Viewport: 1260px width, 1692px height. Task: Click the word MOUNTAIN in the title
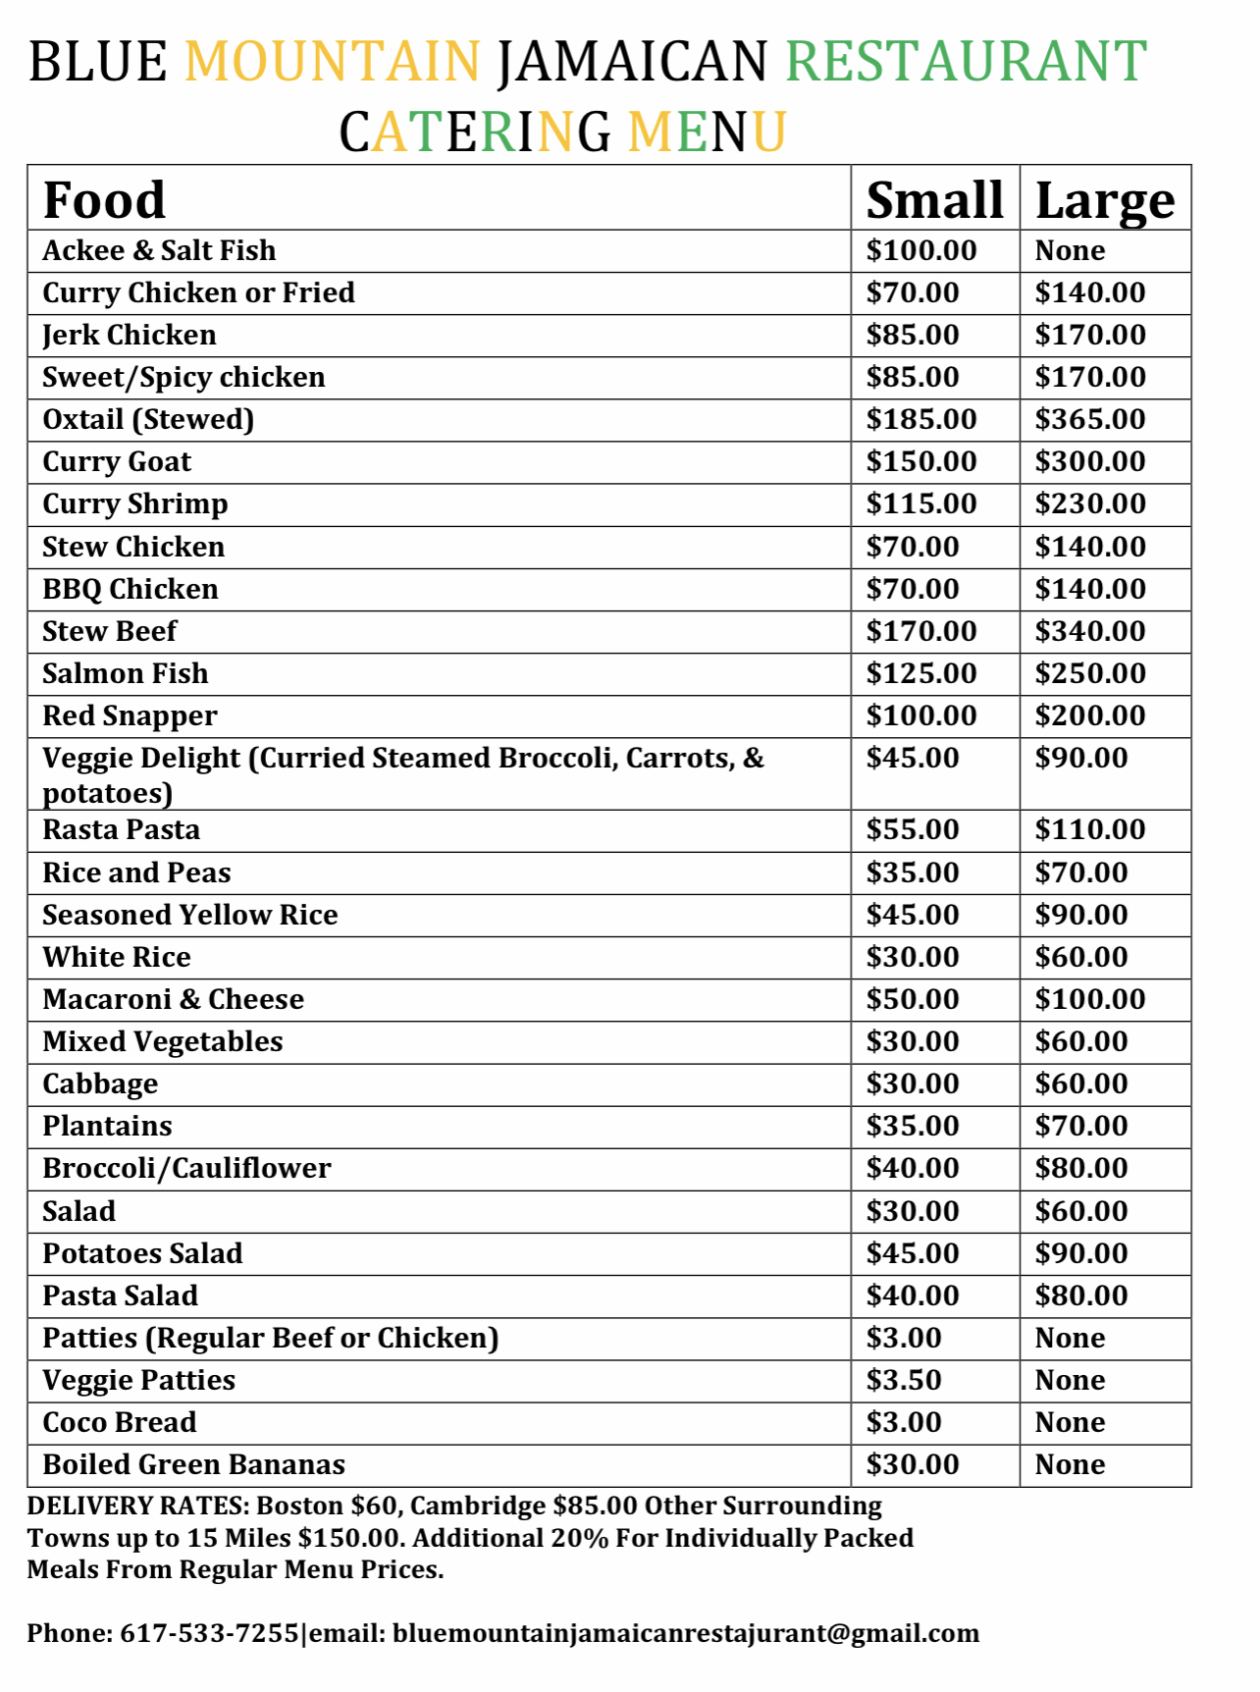(x=333, y=61)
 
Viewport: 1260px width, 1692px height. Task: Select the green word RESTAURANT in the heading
(x=966, y=61)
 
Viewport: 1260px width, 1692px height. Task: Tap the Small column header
(x=934, y=200)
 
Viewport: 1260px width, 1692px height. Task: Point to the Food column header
(x=104, y=200)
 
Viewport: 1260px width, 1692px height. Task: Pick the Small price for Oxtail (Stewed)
(x=920, y=420)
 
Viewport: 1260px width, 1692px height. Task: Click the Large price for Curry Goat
(x=1090, y=462)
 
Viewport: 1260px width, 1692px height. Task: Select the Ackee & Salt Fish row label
(x=159, y=251)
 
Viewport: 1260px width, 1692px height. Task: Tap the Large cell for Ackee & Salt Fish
(x=1070, y=251)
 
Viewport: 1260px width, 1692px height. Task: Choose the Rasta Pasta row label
(x=122, y=830)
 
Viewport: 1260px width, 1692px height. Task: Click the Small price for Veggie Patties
(x=903, y=1381)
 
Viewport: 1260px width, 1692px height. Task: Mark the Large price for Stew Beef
(x=1090, y=631)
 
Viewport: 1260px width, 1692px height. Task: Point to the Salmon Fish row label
(x=126, y=673)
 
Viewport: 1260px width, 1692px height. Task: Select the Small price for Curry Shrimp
(x=920, y=504)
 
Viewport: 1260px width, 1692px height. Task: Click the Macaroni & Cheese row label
(x=173, y=999)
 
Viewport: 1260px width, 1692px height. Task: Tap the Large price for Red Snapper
(x=1090, y=715)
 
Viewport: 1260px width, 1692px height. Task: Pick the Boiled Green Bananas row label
(x=193, y=1464)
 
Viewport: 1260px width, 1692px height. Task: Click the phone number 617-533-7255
(x=209, y=1633)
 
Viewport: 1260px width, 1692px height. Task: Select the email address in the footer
(x=686, y=1633)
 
